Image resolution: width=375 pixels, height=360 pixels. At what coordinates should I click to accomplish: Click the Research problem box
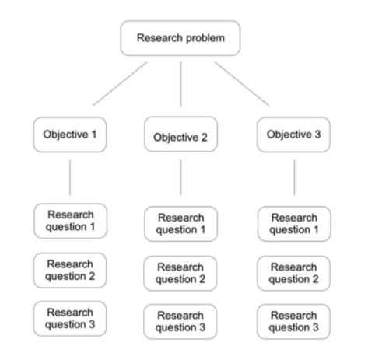[180, 38]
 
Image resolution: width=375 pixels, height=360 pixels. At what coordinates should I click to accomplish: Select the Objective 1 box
[70, 135]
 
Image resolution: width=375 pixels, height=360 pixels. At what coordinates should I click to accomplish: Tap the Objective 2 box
[180, 138]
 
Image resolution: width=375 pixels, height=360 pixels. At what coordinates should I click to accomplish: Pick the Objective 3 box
[293, 135]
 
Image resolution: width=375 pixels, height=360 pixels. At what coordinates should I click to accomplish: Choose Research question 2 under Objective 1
[70, 270]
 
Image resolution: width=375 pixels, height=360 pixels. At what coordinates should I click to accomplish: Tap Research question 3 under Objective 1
[70, 319]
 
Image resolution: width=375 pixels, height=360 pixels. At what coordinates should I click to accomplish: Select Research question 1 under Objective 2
[180, 224]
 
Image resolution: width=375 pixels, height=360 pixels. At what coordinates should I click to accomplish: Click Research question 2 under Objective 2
[180, 273]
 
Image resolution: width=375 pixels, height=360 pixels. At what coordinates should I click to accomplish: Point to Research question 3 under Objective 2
[180, 321]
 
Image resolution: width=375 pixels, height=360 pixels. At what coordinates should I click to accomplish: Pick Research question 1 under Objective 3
[293, 224]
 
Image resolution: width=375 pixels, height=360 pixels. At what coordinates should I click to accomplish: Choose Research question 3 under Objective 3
[293, 321]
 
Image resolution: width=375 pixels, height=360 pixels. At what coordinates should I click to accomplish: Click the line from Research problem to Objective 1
[120, 83]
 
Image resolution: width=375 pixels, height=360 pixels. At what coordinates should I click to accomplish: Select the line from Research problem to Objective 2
[180, 84]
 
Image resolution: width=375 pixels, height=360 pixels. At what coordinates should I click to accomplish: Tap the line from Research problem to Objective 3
[242, 83]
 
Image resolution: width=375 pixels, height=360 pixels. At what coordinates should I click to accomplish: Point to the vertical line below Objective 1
[70, 177]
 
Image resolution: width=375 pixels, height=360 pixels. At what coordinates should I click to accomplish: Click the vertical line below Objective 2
[180, 178]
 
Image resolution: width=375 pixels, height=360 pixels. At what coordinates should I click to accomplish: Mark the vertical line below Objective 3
[294, 178]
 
